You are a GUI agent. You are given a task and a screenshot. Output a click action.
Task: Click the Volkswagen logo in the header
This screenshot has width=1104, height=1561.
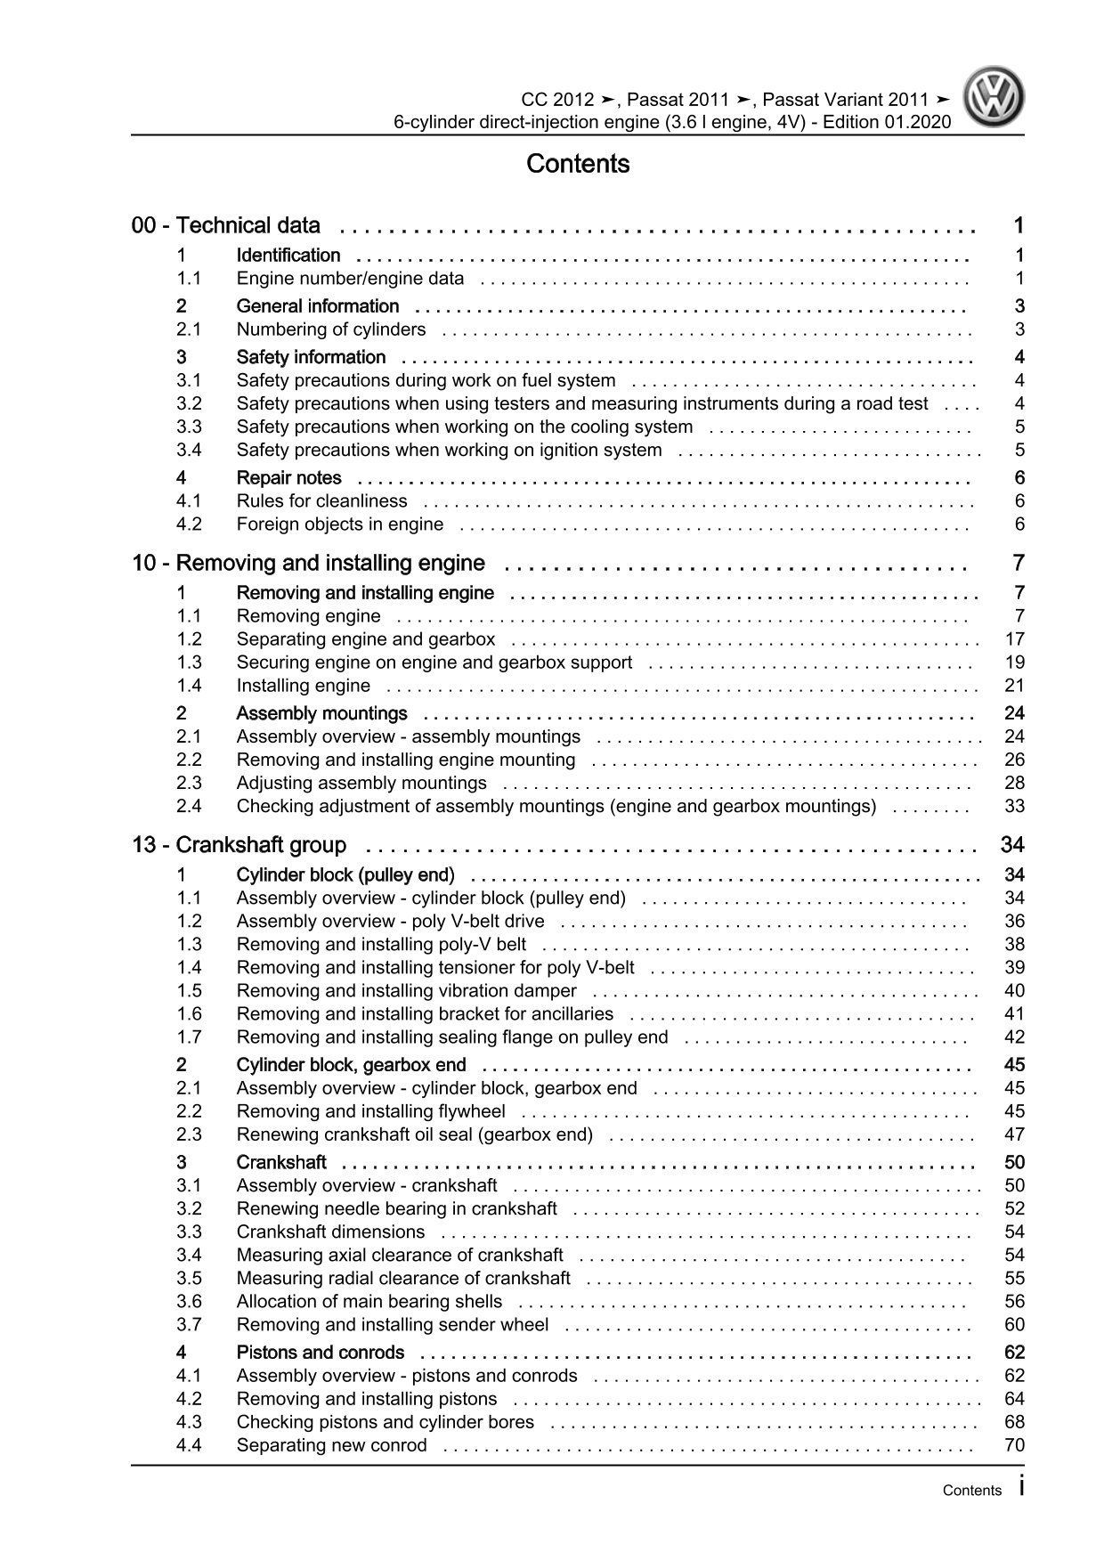pyautogui.click(x=996, y=99)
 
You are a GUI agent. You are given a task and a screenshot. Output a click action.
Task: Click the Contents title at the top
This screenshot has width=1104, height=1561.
pyautogui.click(x=578, y=164)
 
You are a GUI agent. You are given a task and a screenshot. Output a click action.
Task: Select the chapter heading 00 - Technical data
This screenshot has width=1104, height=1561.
pyautogui.click(x=226, y=225)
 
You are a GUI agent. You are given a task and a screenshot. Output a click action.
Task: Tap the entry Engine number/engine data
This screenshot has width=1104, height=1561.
pyautogui.click(x=350, y=279)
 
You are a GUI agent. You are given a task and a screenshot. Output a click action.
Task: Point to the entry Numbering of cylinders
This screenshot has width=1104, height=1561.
pyautogui.click(x=331, y=329)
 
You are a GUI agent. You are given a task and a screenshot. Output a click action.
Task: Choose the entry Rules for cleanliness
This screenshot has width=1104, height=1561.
pyautogui.click(x=321, y=501)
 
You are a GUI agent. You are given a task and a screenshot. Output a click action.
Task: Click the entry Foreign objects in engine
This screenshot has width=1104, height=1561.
pyautogui.click(x=340, y=524)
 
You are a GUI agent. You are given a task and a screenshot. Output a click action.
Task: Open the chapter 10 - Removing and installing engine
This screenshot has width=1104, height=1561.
pyautogui.click(x=308, y=563)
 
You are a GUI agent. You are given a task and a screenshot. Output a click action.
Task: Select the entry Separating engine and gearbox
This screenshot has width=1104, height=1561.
pyautogui.click(x=366, y=639)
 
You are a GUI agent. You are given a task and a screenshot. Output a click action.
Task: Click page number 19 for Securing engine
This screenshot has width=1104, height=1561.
pyautogui.click(x=1014, y=663)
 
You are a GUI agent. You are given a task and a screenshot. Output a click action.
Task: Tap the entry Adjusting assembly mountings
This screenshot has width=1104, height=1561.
pyautogui.click(x=361, y=784)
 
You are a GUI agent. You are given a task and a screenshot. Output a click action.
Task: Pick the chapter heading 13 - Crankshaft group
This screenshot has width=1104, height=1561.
pyautogui.click(x=239, y=844)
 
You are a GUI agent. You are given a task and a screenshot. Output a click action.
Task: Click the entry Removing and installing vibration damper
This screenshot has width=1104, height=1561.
pyautogui.click(x=407, y=991)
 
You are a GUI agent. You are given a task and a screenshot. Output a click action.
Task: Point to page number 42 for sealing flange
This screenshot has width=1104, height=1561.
pyautogui.click(x=1014, y=1037)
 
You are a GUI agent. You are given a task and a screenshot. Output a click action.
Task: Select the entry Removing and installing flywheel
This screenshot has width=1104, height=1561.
pyautogui.click(x=371, y=1111)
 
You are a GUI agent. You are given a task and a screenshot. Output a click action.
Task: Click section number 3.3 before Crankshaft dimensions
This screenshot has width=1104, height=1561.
pyautogui.click(x=189, y=1232)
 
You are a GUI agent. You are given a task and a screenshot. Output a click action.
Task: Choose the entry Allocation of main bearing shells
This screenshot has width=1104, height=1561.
pyautogui.click(x=369, y=1302)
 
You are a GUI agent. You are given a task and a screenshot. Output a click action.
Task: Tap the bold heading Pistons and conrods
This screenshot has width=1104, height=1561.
pyautogui.click(x=321, y=1353)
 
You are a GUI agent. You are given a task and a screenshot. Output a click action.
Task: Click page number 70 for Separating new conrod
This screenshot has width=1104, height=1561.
pyautogui.click(x=1014, y=1445)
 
